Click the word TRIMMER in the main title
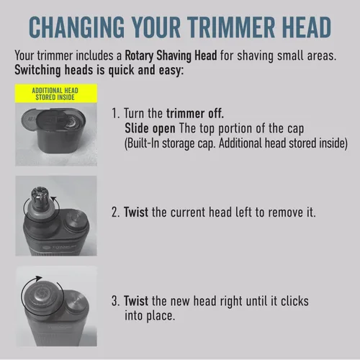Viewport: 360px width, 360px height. [231, 27]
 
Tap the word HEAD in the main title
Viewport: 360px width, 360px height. [307, 27]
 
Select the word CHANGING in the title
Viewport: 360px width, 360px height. [76, 27]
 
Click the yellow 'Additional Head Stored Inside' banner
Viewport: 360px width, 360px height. [56, 94]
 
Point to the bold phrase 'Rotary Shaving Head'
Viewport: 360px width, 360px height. [171, 55]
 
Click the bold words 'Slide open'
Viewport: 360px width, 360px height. [150, 128]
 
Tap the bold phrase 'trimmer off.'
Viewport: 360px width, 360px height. [195, 113]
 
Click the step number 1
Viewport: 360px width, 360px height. [115, 114]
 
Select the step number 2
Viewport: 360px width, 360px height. [115, 212]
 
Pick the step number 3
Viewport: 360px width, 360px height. [115, 301]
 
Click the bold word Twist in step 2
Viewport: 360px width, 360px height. [136, 212]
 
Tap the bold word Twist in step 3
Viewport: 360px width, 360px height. [136, 301]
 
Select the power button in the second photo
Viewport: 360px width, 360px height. [76, 220]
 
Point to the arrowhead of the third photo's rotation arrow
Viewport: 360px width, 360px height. [38, 279]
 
